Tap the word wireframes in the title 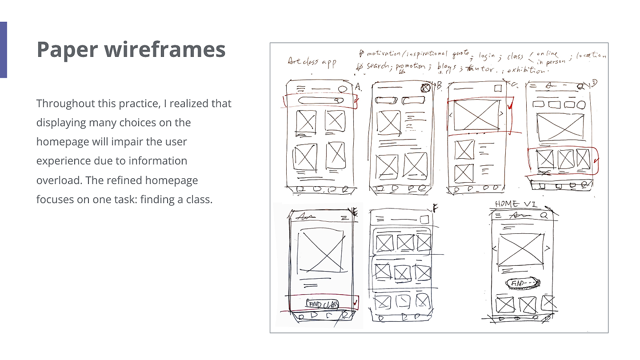(165, 49)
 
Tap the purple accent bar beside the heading (3, 49)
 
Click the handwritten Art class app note (312, 62)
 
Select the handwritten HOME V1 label (516, 204)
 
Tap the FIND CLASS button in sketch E (322, 304)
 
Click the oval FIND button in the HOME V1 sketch (522, 283)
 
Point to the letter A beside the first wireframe (359, 87)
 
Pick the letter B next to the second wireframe (439, 86)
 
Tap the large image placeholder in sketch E (321, 251)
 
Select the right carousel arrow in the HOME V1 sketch (548, 248)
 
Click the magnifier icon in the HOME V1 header (544, 215)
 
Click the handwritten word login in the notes (487, 56)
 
